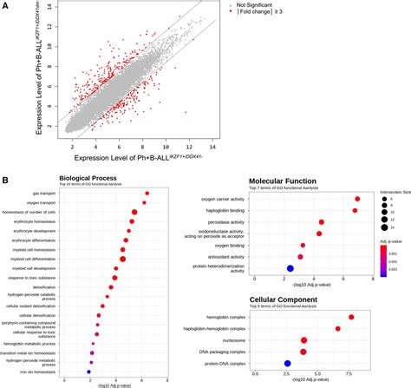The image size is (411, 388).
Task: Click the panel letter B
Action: [x=7, y=180]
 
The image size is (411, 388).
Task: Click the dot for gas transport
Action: [x=147, y=194]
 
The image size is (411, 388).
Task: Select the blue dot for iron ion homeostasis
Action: [x=89, y=371]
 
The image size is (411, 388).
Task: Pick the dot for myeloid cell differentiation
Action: [x=122, y=283]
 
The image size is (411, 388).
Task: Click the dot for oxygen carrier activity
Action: [x=357, y=199]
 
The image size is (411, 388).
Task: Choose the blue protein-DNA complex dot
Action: [x=287, y=364]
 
